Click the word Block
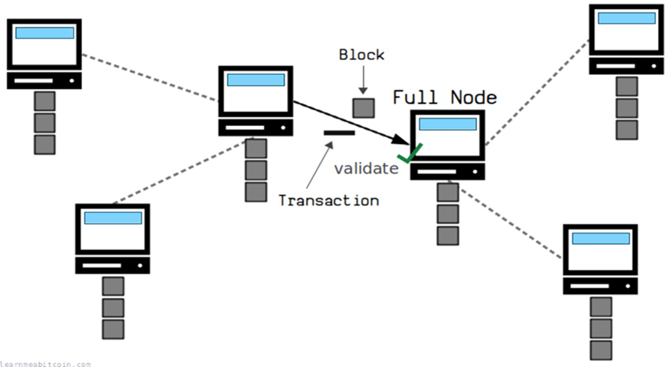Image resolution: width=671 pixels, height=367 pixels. click(x=361, y=55)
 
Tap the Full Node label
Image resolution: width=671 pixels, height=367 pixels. click(x=444, y=97)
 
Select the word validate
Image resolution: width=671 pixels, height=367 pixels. click(x=366, y=169)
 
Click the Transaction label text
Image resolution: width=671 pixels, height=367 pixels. click(x=328, y=200)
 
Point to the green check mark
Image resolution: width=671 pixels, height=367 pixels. click(x=412, y=154)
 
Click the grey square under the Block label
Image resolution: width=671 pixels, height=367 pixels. click(x=363, y=108)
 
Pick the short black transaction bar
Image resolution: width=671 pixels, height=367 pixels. click(x=339, y=132)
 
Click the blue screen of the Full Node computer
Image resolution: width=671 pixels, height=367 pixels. click(x=447, y=124)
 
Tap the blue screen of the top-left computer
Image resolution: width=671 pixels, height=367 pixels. click(x=45, y=32)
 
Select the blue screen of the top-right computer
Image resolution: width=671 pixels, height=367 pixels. click(x=626, y=18)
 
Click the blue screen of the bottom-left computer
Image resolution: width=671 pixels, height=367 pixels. click(x=113, y=218)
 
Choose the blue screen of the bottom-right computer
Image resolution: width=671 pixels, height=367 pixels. click(x=600, y=238)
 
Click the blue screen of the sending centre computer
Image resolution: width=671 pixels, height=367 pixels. click(x=255, y=80)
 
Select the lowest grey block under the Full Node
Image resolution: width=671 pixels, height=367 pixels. click(x=447, y=235)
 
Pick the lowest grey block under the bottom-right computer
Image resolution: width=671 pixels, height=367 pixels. click(x=601, y=348)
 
